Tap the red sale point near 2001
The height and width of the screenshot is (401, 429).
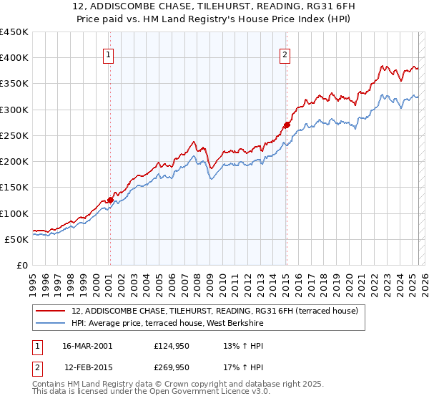pos(110,200)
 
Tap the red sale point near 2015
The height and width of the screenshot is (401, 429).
pos(286,125)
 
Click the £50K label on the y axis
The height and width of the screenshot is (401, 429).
pos(17,239)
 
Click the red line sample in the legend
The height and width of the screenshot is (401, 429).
pos(51,311)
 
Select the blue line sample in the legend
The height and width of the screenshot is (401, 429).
pos(51,324)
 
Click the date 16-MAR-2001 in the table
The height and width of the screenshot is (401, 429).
pos(89,346)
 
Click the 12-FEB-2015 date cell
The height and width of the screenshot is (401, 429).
pos(89,367)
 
